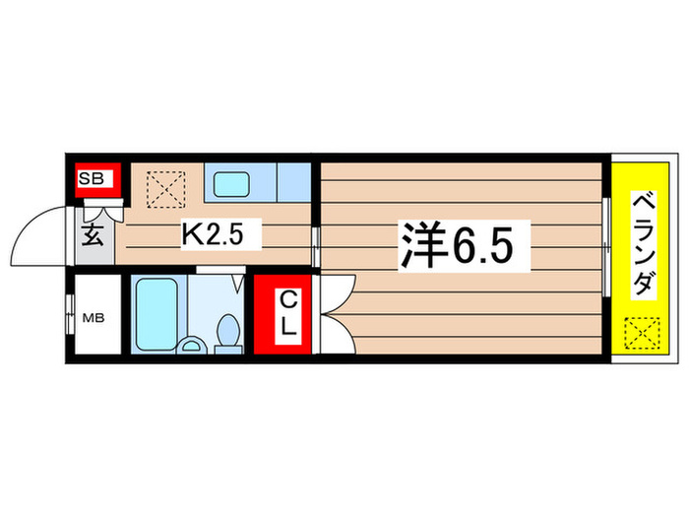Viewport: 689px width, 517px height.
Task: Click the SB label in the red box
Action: pos(95,179)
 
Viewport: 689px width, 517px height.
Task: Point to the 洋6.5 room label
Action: pos(454,242)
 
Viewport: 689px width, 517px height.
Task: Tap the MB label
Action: pos(92,317)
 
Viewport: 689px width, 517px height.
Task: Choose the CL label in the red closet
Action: pos(286,315)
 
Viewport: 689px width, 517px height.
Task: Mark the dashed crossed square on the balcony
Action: pos(640,334)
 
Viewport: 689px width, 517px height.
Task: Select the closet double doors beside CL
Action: pos(332,313)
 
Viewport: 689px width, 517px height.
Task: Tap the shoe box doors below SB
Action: pos(101,209)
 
